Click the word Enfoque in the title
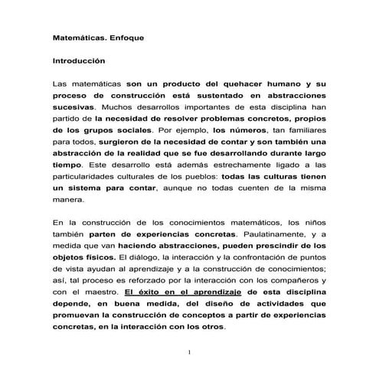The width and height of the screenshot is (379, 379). [132, 36]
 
